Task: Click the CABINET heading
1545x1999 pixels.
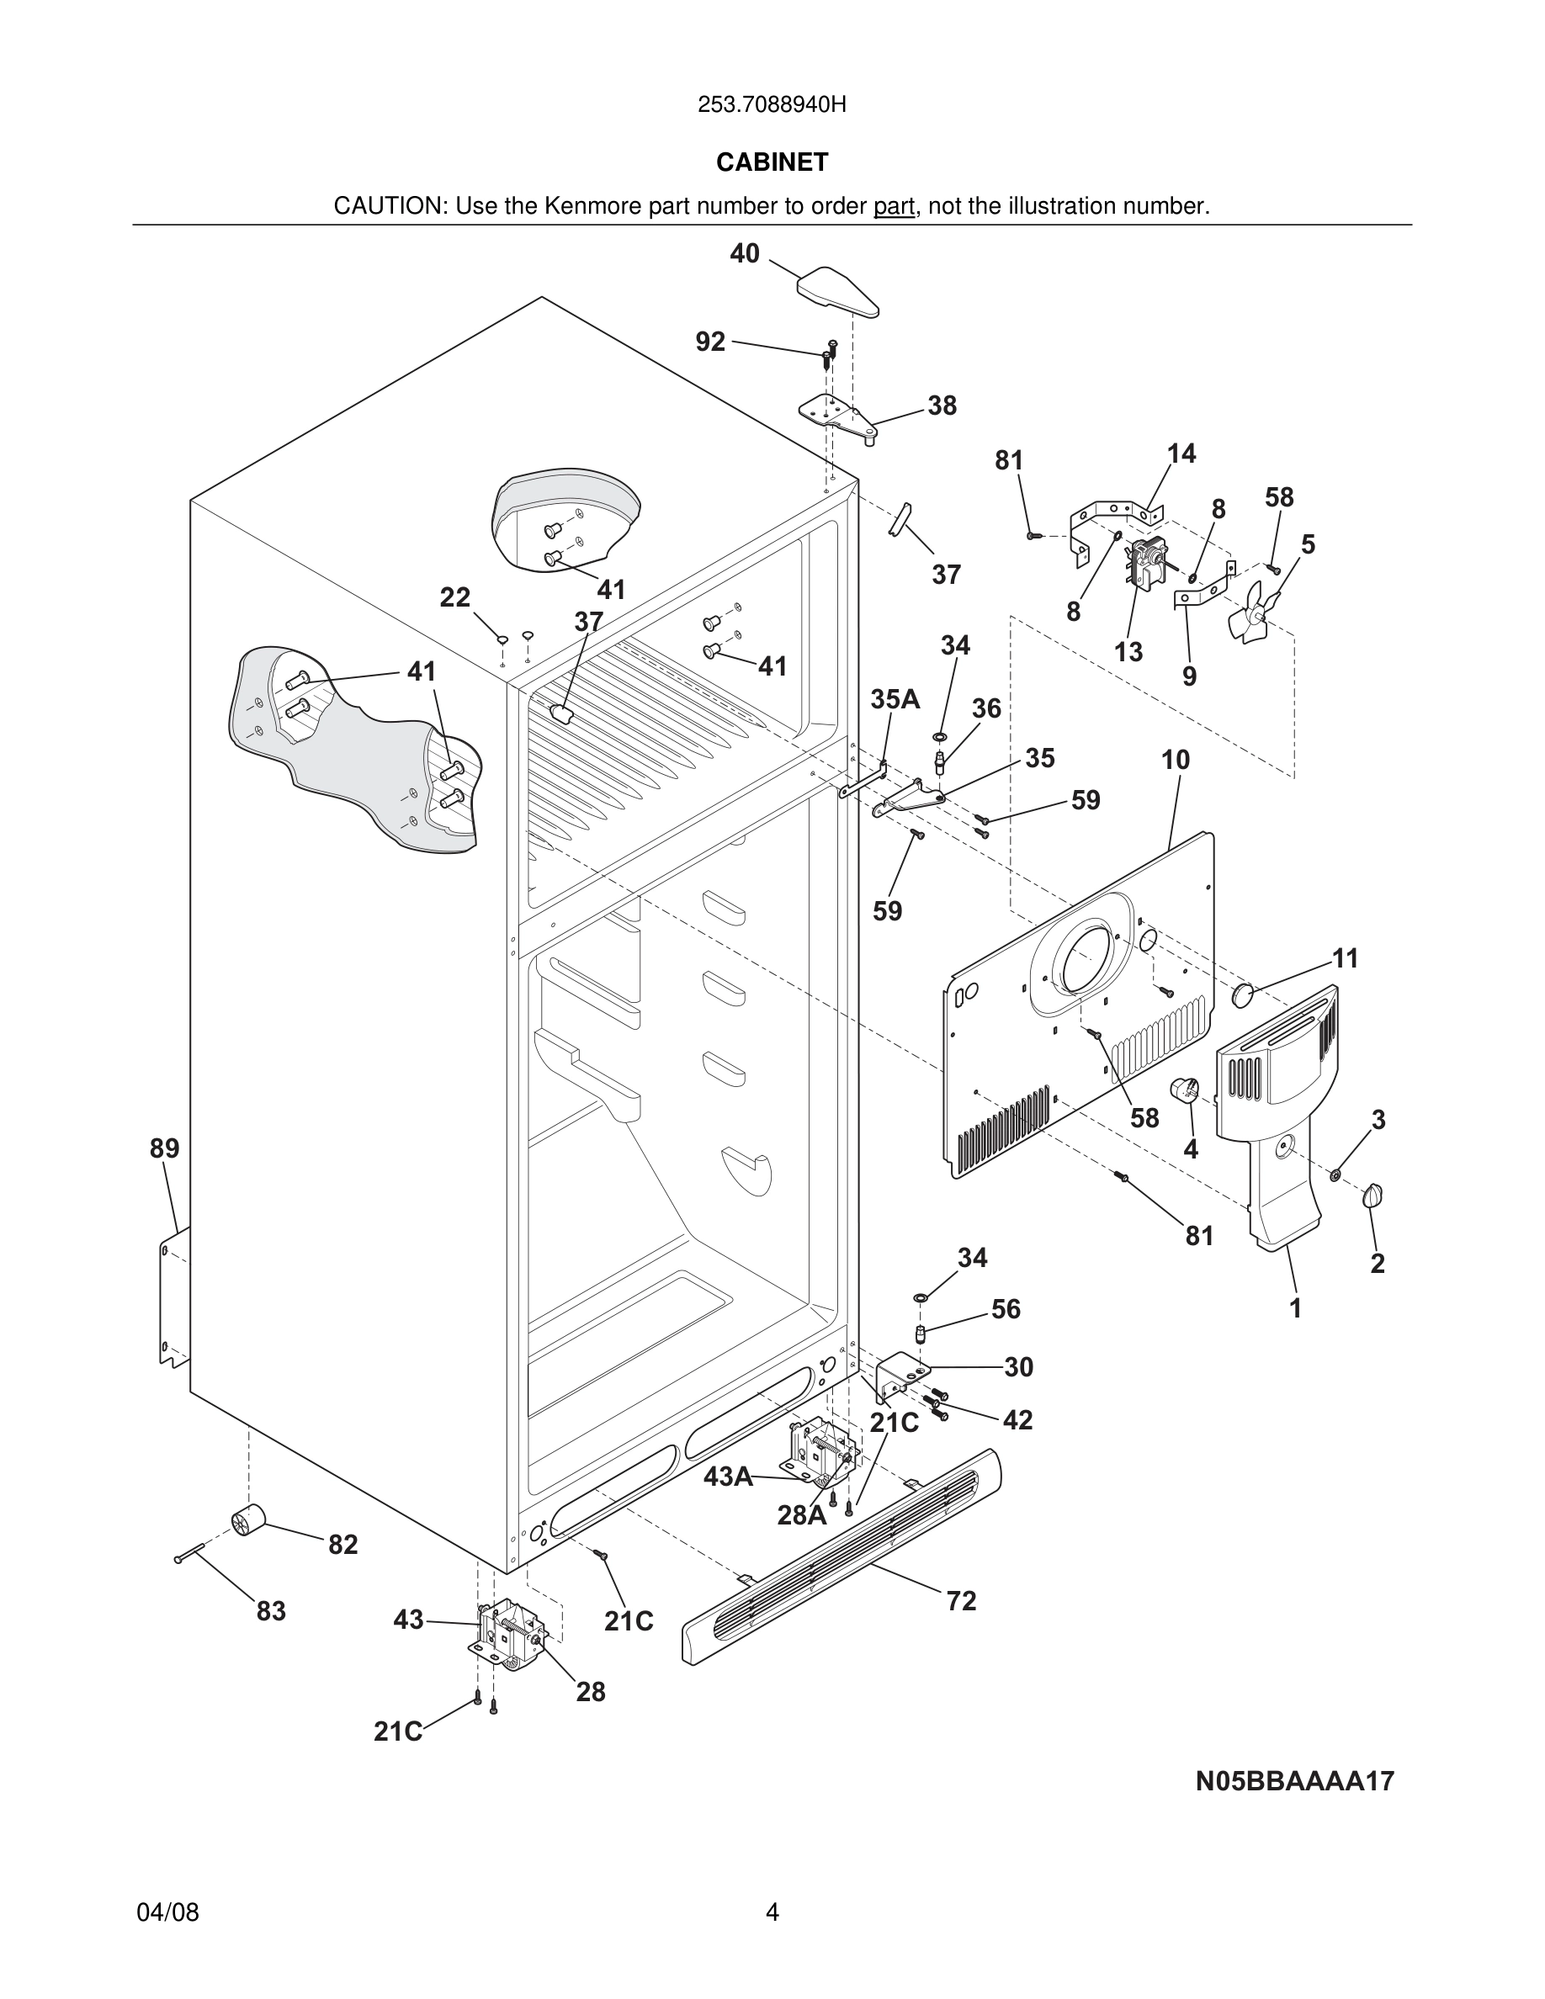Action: click(772, 162)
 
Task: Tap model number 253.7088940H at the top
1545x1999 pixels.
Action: click(772, 105)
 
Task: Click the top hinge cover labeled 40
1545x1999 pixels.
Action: click(837, 290)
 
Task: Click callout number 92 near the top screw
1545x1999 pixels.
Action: click(710, 342)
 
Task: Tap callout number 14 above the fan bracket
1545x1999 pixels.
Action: click(1181, 454)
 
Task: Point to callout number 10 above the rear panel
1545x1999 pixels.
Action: click(1176, 760)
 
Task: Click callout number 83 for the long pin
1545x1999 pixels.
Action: click(271, 1611)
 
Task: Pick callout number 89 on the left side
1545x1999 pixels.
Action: click(165, 1148)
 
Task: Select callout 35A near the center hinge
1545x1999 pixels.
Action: click(895, 699)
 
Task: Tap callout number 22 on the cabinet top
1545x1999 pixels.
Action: click(455, 597)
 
